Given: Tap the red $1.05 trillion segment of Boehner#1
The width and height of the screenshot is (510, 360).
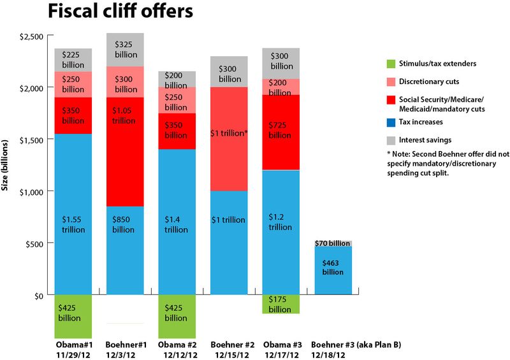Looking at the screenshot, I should pyautogui.click(x=126, y=152).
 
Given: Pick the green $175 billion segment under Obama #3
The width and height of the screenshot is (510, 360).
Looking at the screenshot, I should pyautogui.click(x=280, y=304).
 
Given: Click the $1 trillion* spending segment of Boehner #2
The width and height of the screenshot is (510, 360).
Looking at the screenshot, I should pyautogui.click(x=229, y=133).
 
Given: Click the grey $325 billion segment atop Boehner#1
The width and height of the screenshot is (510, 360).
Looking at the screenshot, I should pyautogui.click(x=126, y=49).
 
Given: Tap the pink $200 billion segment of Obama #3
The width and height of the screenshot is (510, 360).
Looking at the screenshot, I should pyautogui.click(x=281, y=87).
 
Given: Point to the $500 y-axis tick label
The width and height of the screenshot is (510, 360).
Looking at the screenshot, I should pyautogui.click(x=33, y=244).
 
